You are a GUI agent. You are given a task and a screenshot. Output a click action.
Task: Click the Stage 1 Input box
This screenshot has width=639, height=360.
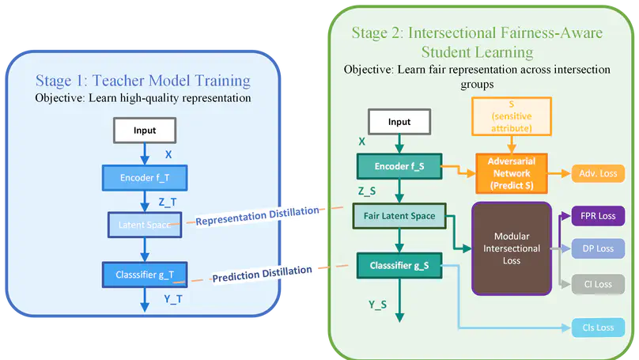coord(144,129)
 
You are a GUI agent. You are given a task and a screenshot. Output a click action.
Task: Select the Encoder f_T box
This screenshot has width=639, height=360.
coord(144,177)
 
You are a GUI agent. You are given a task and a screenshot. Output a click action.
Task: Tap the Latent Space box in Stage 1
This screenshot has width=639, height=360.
coord(144,225)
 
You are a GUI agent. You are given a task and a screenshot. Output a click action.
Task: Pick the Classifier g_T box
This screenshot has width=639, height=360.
coord(144,275)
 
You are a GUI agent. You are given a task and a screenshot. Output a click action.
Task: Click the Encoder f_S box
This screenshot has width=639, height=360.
coord(399,167)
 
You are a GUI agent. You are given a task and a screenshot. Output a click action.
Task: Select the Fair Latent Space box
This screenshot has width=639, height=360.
coord(399,215)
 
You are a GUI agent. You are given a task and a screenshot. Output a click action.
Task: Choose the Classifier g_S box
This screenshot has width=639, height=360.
coord(399,265)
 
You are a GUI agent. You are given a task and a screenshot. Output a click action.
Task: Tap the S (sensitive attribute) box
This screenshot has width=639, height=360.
coord(512,116)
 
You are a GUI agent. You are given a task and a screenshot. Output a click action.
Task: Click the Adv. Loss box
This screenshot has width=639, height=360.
coord(599,173)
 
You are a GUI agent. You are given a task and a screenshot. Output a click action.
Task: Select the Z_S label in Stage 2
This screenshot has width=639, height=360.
coord(368,191)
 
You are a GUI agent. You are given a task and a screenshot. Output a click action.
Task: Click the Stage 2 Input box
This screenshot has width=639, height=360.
coord(399,122)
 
